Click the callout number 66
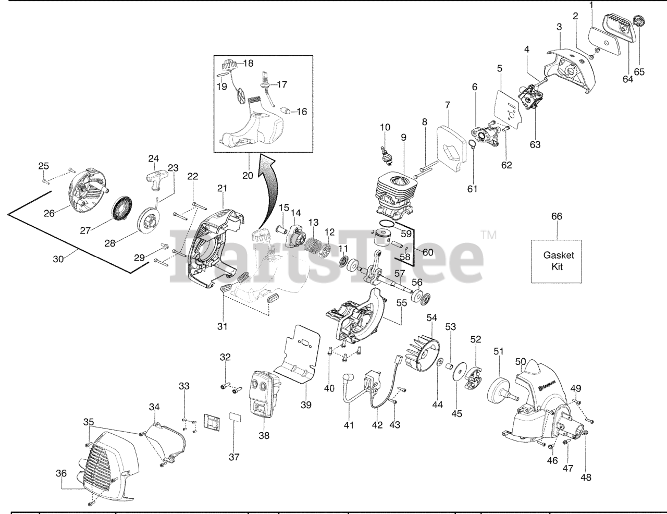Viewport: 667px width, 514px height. pyautogui.click(x=557, y=216)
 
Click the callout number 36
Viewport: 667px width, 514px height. pyautogui.click(x=61, y=473)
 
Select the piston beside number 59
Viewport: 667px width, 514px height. pyautogui.click(x=386, y=241)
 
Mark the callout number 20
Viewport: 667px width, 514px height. pyautogui.click(x=248, y=176)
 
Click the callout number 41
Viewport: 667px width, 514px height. pyautogui.click(x=349, y=425)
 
